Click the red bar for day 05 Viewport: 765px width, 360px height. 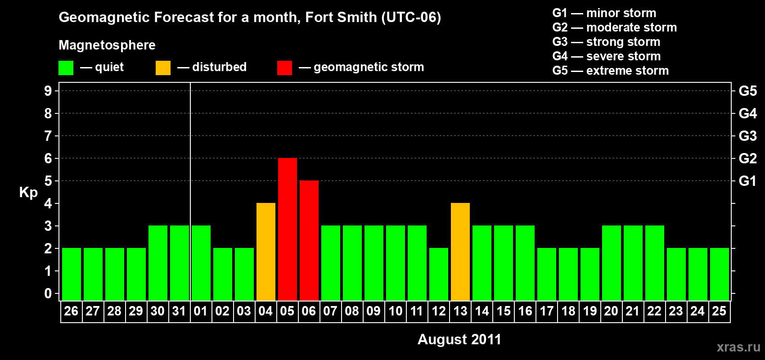click(x=287, y=229)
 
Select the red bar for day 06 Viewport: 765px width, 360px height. click(x=309, y=240)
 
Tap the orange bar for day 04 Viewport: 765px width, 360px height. click(x=265, y=252)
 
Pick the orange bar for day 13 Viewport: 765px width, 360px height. click(x=460, y=252)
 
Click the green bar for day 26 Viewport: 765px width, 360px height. click(x=71, y=274)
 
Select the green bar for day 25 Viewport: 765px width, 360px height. click(x=719, y=274)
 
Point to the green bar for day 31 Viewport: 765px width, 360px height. click(x=179, y=263)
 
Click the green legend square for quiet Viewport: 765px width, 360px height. click(x=66, y=68)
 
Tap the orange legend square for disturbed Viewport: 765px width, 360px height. click(x=163, y=68)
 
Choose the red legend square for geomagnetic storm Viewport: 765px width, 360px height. click(x=284, y=68)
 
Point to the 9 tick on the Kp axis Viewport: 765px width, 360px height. click(x=48, y=91)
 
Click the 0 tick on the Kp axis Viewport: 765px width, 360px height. click(x=48, y=293)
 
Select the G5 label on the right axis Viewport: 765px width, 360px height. click(x=747, y=91)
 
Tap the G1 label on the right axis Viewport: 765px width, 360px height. click(x=747, y=181)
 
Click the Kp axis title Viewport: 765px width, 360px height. click(x=28, y=192)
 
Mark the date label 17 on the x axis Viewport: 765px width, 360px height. click(x=546, y=311)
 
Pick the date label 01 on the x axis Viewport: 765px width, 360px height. click(x=201, y=311)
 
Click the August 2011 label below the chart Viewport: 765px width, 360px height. click(x=459, y=339)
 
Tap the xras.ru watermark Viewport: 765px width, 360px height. click(x=738, y=347)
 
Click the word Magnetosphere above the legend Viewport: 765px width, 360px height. click(x=107, y=45)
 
